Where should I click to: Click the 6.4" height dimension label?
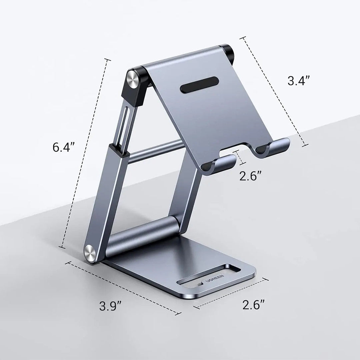coord(64,147)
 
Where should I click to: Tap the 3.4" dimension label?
coord(299,81)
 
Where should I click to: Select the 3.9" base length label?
coord(110,306)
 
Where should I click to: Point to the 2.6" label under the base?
coord(254,305)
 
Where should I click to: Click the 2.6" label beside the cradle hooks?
coord(251,176)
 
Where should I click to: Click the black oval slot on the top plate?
coord(200,85)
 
